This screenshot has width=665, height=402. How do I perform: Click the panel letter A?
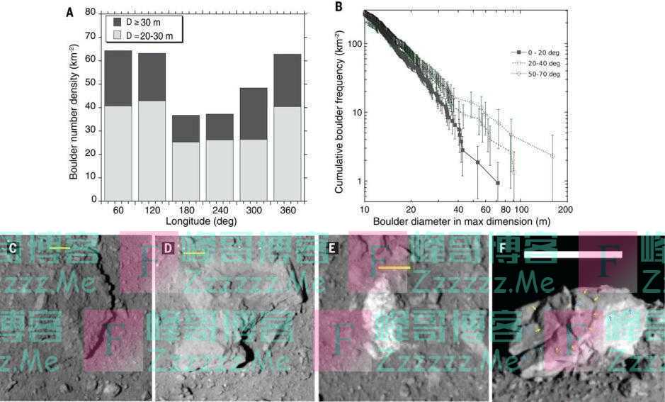pyautogui.click(x=69, y=12)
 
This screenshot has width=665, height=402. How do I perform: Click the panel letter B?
pyautogui.click(x=339, y=8)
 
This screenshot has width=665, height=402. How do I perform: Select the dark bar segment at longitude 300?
pyautogui.click(x=254, y=113)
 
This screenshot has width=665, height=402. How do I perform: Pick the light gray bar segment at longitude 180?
pyautogui.click(x=186, y=171)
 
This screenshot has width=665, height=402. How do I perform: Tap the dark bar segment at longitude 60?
pyautogui.click(x=118, y=78)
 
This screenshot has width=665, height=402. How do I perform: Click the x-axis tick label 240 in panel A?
pyautogui.click(x=220, y=211)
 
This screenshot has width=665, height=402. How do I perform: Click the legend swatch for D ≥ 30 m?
pyautogui.click(x=118, y=22)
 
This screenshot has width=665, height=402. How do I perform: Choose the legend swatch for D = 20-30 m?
pyautogui.click(x=118, y=35)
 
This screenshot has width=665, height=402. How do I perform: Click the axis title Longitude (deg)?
pyautogui.click(x=201, y=221)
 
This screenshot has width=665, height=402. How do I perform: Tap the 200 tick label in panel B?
pyautogui.click(x=565, y=211)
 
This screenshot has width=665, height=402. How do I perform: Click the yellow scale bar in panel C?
pyautogui.click(x=60, y=248)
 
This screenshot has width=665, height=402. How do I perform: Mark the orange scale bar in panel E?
pyautogui.click(x=394, y=268)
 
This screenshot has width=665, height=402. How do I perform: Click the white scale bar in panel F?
pyautogui.click(x=572, y=254)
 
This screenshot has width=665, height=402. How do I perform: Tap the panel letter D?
pyautogui.click(x=169, y=248)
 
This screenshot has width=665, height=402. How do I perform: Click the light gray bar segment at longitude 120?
pyautogui.click(x=152, y=150)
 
